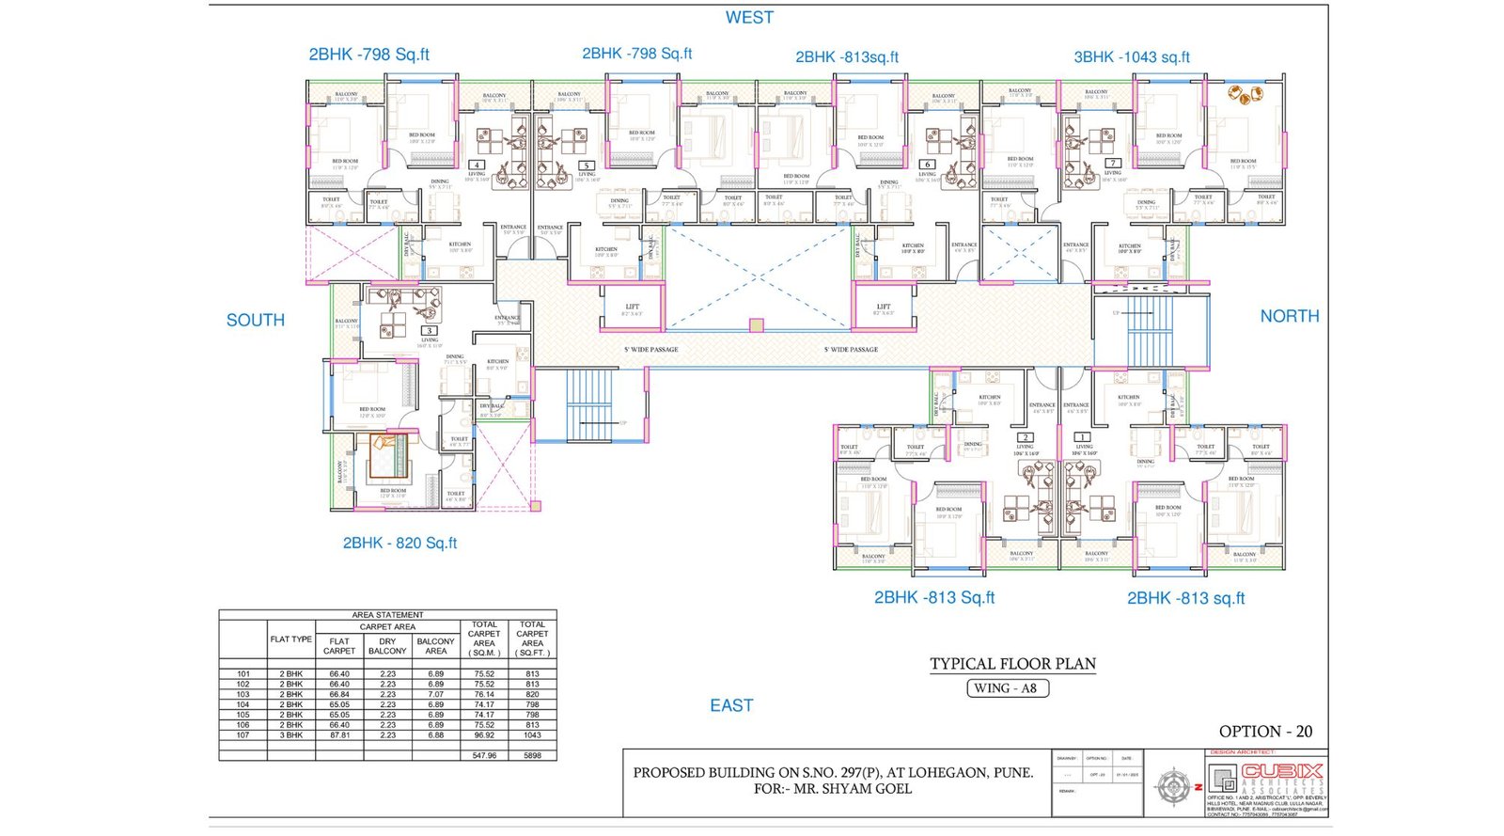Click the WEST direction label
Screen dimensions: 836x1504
click(x=749, y=18)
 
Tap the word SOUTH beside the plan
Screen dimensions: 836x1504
click(x=255, y=321)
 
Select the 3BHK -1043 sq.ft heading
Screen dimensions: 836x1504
click(x=1131, y=57)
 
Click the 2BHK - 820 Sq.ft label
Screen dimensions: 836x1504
click(x=399, y=544)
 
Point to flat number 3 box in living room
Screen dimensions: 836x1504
click(x=430, y=331)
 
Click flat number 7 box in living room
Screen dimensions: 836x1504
click(x=1112, y=163)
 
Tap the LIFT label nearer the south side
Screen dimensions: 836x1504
click(x=633, y=307)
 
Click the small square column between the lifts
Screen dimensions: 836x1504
click(x=756, y=325)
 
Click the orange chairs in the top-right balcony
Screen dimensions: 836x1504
click(x=1245, y=95)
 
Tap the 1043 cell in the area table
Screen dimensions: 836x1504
click(x=532, y=735)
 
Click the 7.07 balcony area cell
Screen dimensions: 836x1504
click(x=435, y=695)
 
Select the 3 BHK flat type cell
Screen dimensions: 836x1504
click(x=290, y=735)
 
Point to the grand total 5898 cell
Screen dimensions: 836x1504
click(x=532, y=755)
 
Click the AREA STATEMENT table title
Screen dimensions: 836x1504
click(x=387, y=615)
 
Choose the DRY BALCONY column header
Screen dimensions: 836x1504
click(x=387, y=646)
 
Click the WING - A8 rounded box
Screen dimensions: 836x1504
click(x=1007, y=688)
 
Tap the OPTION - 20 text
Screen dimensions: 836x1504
click(x=1265, y=732)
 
